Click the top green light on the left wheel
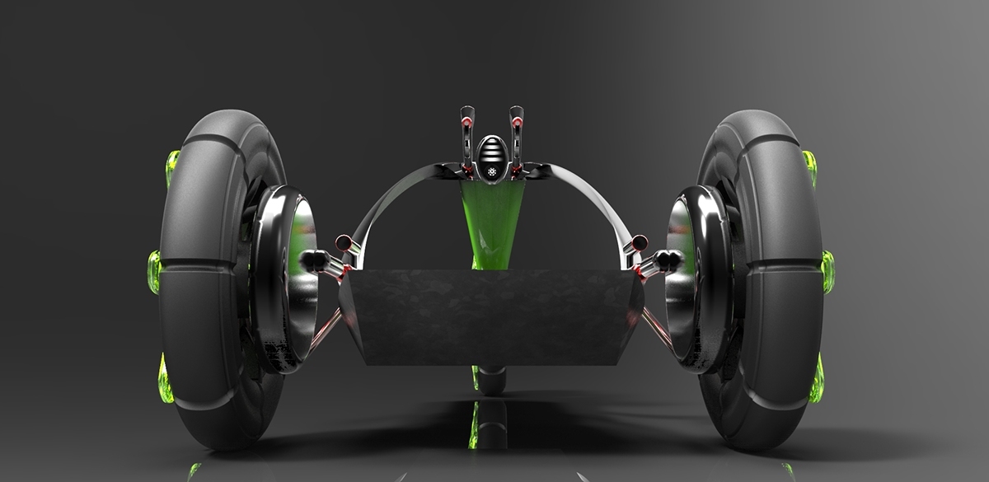[171, 167]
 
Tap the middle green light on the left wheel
[154, 272]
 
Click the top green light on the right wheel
[809, 167]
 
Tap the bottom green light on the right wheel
[816, 381]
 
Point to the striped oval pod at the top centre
[491, 155]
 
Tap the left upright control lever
[467, 136]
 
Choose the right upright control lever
[516, 136]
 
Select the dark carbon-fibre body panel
[492, 317]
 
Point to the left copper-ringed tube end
[343, 242]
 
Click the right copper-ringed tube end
[639, 242]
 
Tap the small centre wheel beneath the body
[492, 379]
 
